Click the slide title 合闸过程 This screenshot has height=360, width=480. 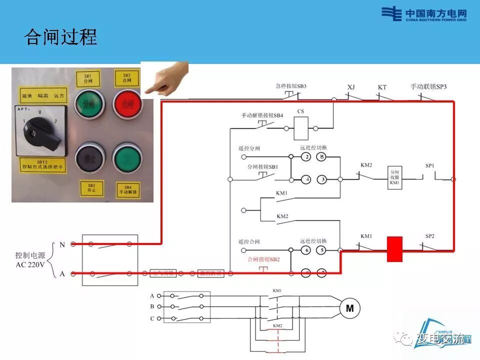[x=60, y=37]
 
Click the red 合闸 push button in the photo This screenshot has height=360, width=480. [x=125, y=104]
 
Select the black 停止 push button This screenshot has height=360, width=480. [x=90, y=159]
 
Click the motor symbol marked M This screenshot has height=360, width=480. [x=350, y=308]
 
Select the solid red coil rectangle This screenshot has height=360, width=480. [x=394, y=249]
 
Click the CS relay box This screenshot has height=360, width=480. [x=301, y=128]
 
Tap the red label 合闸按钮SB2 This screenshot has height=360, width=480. [x=263, y=259]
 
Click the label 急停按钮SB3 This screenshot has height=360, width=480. [x=290, y=86]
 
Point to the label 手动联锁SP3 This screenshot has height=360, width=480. [x=428, y=86]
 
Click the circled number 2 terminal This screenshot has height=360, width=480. [x=306, y=157]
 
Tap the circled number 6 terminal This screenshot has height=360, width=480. [x=306, y=250]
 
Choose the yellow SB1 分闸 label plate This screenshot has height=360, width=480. [x=88, y=79]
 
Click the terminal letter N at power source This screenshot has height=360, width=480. [x=62, y=244]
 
